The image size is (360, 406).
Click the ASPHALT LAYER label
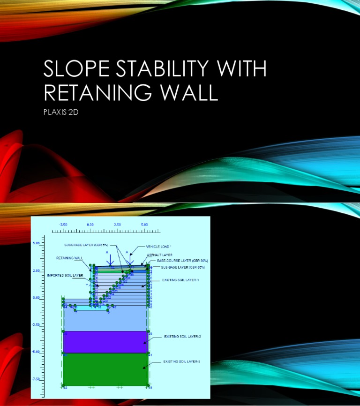(160, 255)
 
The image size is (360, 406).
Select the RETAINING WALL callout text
(70, 258)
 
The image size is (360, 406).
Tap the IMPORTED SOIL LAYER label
(66, 275)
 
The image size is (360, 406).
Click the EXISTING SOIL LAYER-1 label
(180, 280)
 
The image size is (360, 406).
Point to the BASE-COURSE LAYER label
(182, 260)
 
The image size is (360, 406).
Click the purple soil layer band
(105, 342)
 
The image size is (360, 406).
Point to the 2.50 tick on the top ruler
(117, 225)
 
